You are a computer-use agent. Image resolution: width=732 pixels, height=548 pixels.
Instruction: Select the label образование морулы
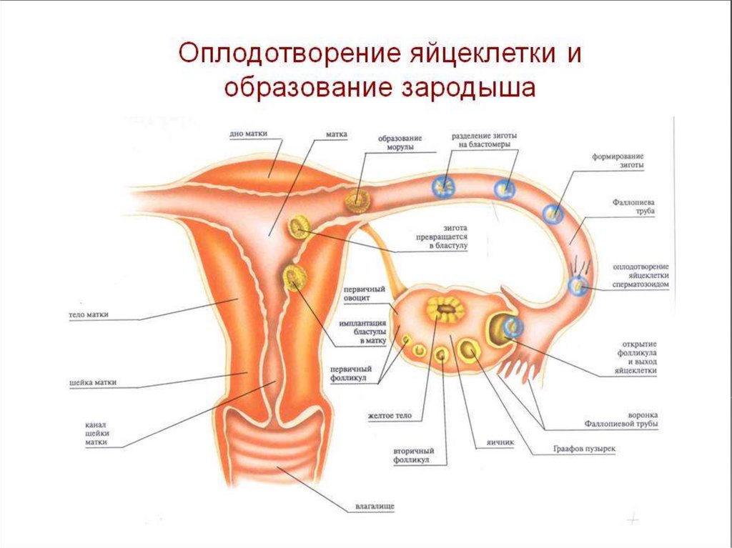tap(400, 143)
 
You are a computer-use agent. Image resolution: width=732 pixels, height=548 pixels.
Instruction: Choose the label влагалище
tap(375, 507)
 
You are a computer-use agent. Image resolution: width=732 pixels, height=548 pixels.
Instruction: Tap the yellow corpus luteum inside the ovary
tap(445, 309)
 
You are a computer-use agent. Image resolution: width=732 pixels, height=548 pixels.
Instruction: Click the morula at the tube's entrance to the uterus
tap(357, 201)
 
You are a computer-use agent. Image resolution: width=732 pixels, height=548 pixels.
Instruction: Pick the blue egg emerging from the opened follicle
tap(512, 327)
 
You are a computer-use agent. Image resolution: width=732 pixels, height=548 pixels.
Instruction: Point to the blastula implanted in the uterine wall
tap(293, 277)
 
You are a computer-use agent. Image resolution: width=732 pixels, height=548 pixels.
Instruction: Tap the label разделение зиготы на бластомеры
tap(485, 140)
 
